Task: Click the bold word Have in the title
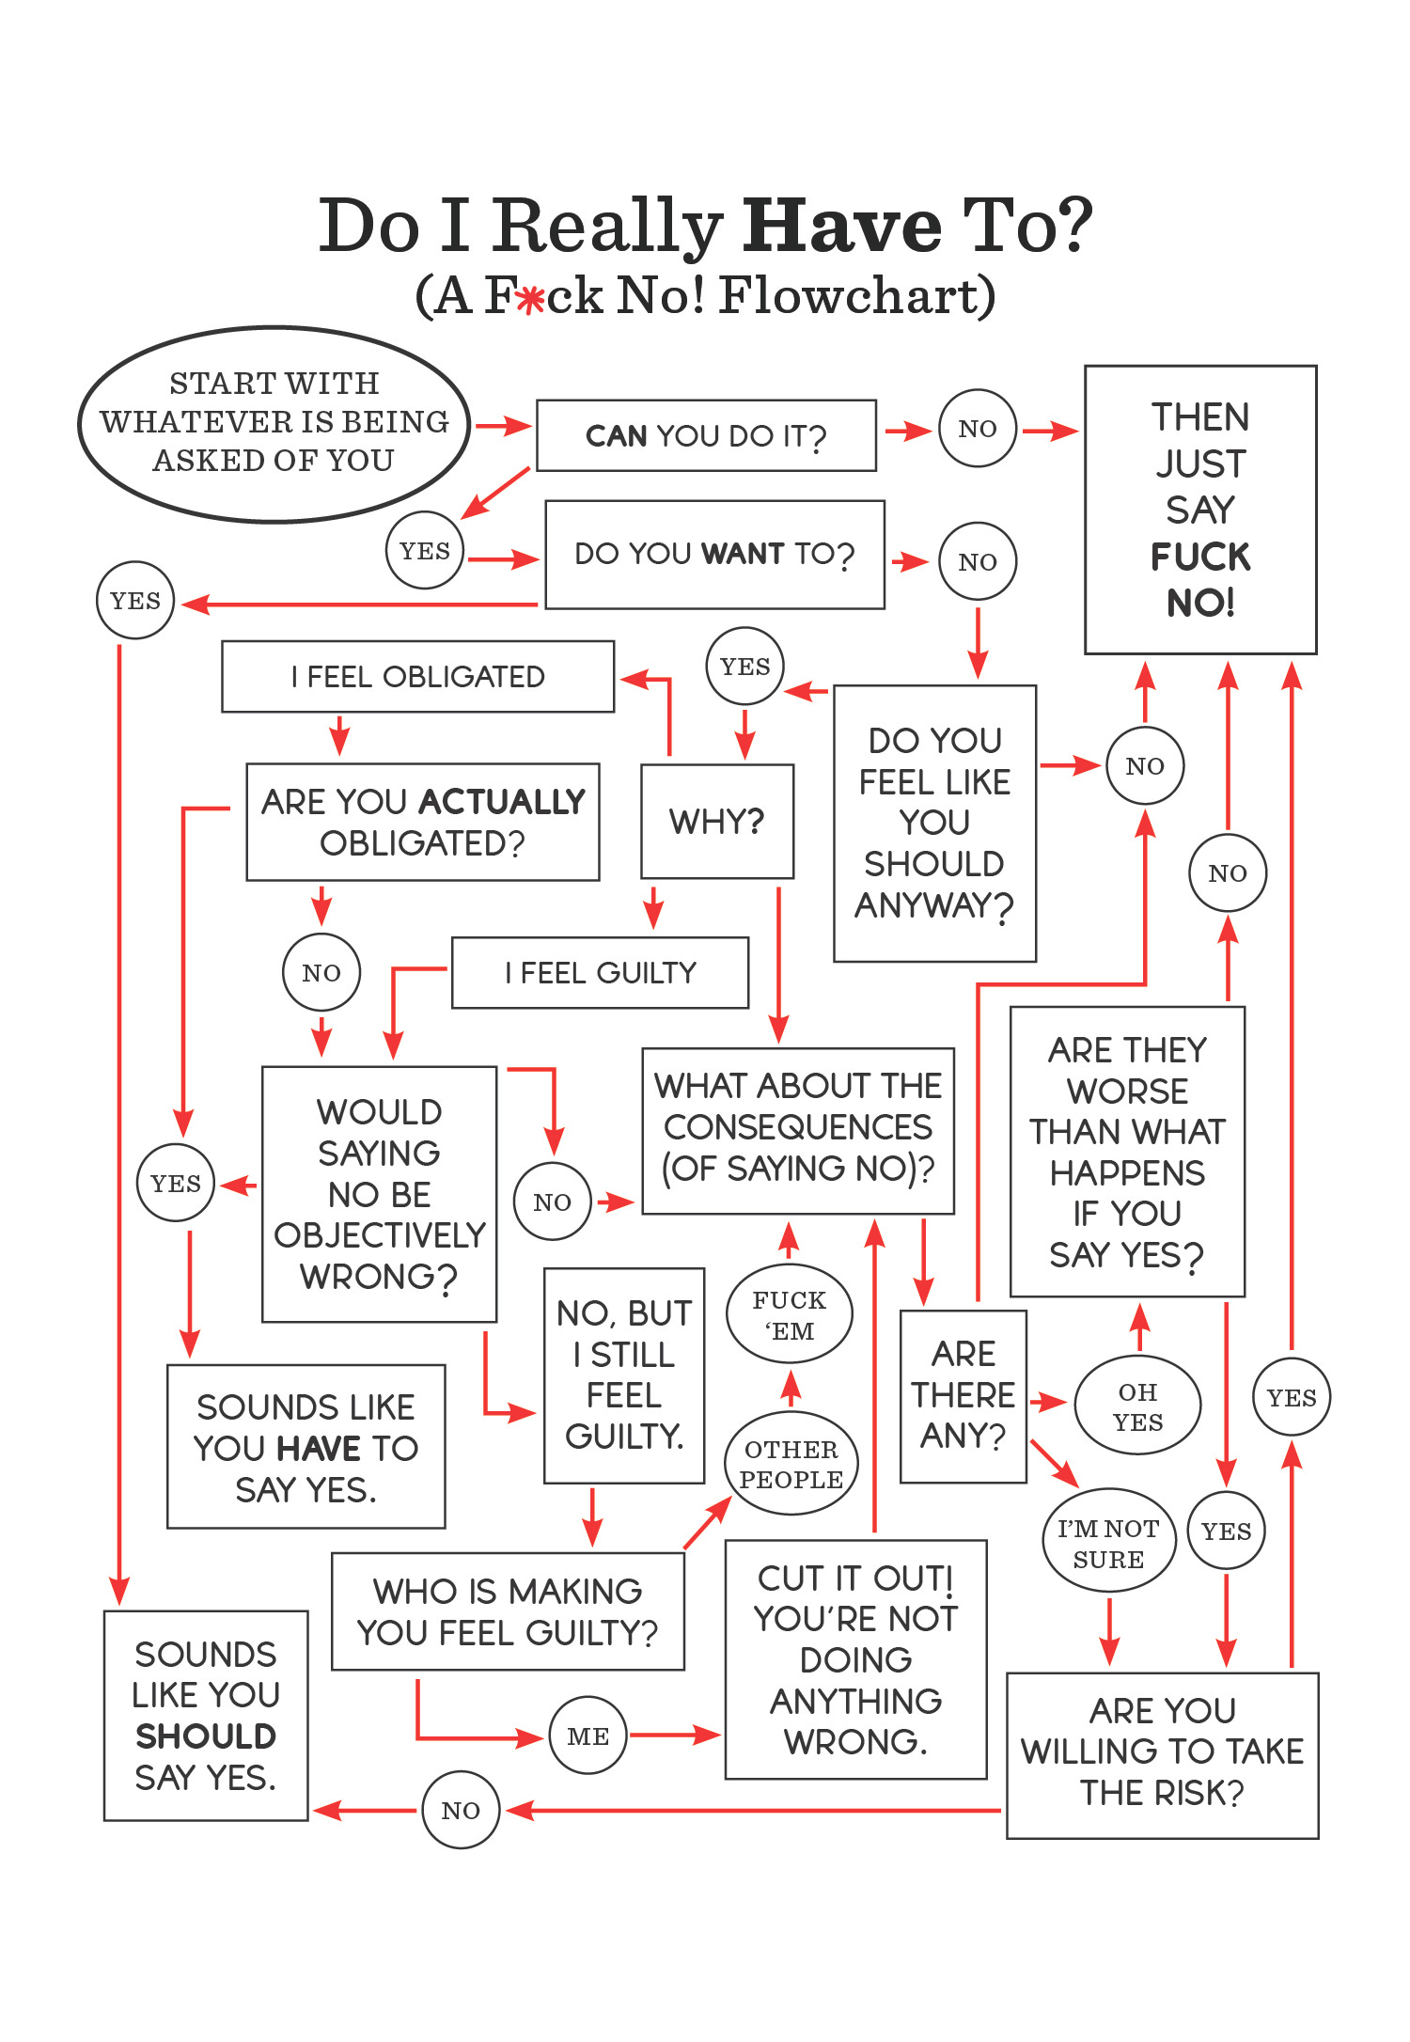point(841,227)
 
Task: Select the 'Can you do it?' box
point(706,435)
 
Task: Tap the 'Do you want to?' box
point(714,554)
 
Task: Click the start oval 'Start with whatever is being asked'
point(274,423)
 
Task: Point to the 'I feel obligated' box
point(417,677)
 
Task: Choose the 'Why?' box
point(716,822)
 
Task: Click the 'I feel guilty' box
point(600,973)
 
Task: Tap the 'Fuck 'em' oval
point(789,1314)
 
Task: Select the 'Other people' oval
point(791,1464)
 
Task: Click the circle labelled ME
point(588,1736)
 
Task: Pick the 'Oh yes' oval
point(1137,1406)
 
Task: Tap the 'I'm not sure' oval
point(1108,1543)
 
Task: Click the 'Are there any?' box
point(963,1395)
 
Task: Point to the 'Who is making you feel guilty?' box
point(508,1611)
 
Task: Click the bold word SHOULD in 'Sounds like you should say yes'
point(206,1736)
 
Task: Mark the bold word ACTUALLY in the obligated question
point(502,802)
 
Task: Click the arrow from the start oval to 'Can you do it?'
point(504,426)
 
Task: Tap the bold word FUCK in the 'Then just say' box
point(1200,558)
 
